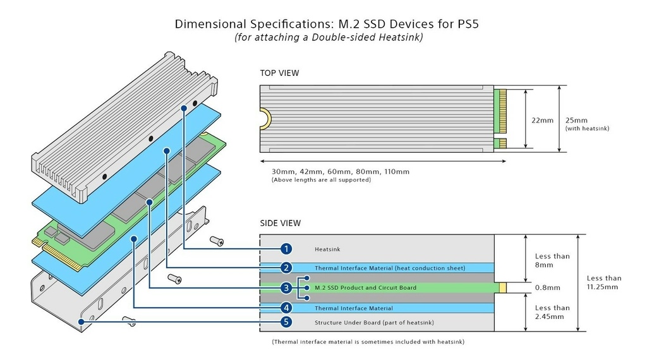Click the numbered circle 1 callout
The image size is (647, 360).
coord(286,249)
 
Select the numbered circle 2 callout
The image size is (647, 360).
coord(286,268)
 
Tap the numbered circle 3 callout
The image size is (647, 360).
coord(286,288)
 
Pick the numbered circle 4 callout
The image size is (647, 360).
coord(286,308)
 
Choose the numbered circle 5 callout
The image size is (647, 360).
coord(286,322)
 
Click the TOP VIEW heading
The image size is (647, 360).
coord(279,73)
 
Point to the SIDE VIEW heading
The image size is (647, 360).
coord(280,223)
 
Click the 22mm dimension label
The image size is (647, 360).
coord(542,121)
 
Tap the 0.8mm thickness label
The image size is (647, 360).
coord(548,288)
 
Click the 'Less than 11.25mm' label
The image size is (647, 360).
coord(603,282)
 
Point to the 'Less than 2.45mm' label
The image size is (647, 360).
coord(552,312)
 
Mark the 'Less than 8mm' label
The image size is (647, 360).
coord(552,260)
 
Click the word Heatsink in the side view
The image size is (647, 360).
coord(327,249)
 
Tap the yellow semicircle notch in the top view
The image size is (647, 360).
coord(267,119)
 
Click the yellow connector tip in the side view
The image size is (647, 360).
coord(502,288)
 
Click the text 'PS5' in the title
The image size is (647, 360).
coord(468,24)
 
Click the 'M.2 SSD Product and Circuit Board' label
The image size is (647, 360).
coord(365,288)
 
